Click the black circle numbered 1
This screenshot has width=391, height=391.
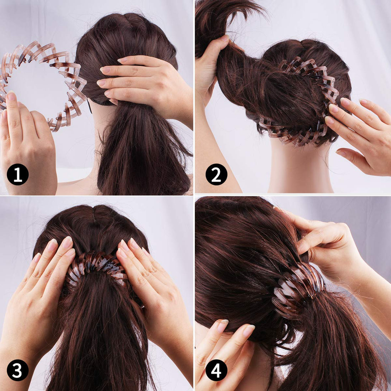click(x=17, y=174)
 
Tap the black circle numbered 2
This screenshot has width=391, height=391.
click(x=216, y=174)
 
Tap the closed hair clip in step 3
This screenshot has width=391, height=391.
click(x=96, y=265)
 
